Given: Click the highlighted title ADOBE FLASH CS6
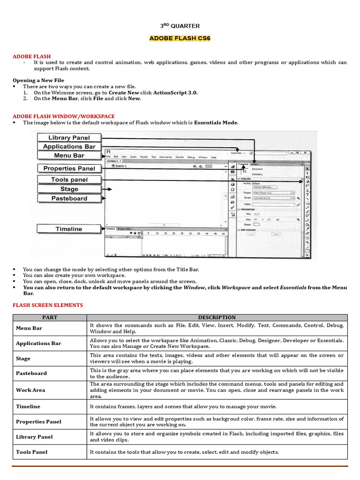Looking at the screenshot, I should (x=180, y=38).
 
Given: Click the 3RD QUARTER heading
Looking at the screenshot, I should (x=180, y=26).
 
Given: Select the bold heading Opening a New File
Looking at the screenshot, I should (x=38, y=80).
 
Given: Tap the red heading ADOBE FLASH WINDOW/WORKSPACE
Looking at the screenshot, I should (x=63, y=116).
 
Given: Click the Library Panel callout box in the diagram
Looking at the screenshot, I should (x=69, y=137).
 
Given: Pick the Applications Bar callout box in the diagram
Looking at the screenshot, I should (x=69, y=146).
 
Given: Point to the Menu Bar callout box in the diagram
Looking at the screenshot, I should (x=69, y=155).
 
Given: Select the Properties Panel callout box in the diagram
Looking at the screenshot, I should (x=69, y=168).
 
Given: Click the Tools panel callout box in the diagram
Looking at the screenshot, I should (x=69, y=180).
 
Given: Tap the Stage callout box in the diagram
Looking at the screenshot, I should (x=69, y=189).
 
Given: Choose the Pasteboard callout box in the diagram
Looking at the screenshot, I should (x=69, y=198).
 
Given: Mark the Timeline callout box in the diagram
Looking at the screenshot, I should (x=69, y=229).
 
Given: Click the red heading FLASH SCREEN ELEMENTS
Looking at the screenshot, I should (x=47, y=305).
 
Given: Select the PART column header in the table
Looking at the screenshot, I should (x=49, y=317).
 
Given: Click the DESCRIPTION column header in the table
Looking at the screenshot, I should (x=217, y=317).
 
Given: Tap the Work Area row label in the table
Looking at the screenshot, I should (x=30, y=390).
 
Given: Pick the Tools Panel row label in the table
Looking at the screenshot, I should (x=31, y=452).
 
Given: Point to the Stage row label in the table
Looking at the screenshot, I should (x=23, y=359).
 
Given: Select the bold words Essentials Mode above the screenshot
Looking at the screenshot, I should (x=216, y=122).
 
